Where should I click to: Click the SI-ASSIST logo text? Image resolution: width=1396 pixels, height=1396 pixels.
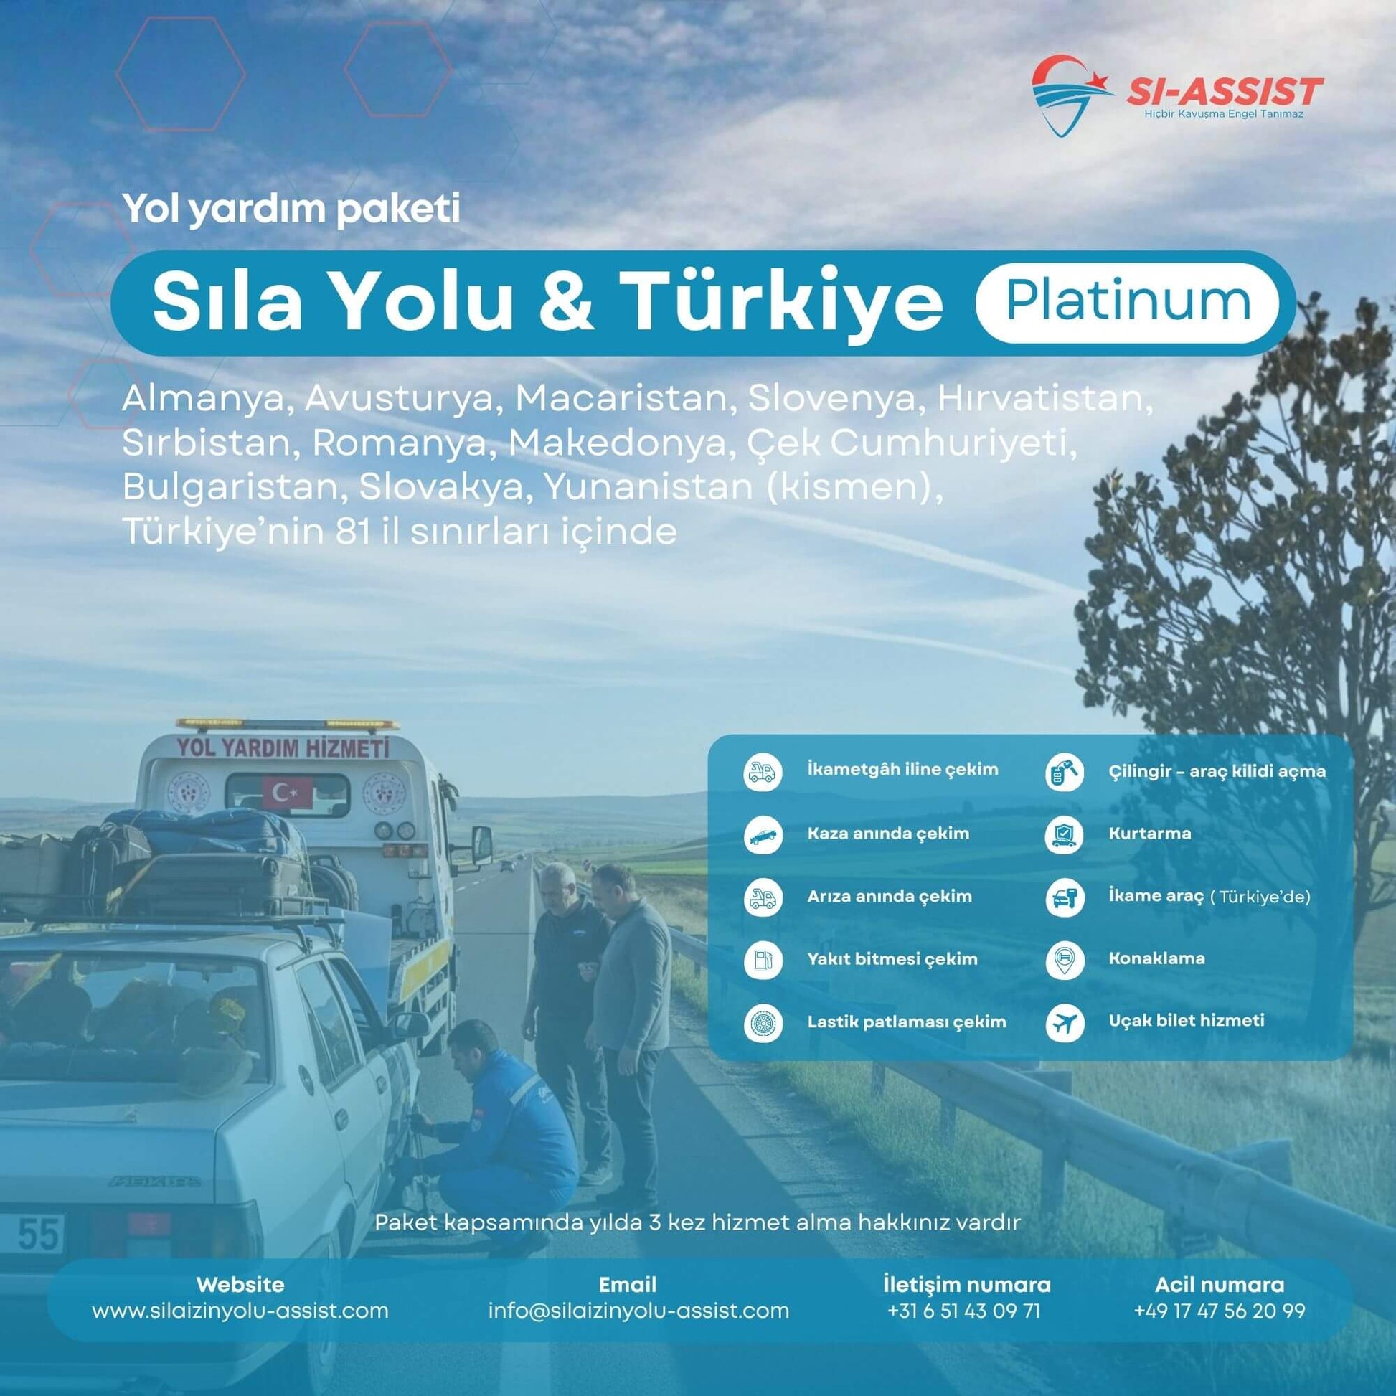[x=1224, y=92]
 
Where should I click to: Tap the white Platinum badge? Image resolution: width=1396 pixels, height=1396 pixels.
[x=1126, y=303]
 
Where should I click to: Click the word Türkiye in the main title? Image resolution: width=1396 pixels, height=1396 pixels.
[x=784, y=303]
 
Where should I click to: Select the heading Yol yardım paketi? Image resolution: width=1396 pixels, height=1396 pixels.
[x=291, y=209]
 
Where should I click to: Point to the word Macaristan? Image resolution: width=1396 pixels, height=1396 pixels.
[x=621, y=399]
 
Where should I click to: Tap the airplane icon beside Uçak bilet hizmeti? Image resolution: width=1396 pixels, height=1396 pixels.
[x=1065, y=1023]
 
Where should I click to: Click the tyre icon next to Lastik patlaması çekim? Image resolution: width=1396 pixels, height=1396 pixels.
[x=763, y=1023]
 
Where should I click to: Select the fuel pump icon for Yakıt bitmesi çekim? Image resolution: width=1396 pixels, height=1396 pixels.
[x=763, y=961]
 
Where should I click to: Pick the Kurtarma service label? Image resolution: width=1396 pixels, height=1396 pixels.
[x=1150, y=833]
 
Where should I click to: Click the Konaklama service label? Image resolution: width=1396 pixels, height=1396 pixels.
[x=1157, y=959]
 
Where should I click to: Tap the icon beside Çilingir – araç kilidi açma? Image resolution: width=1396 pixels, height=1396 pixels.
[x=1065, y=772]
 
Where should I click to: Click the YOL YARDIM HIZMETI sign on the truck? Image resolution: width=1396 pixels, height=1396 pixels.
[x=283, y=747]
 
